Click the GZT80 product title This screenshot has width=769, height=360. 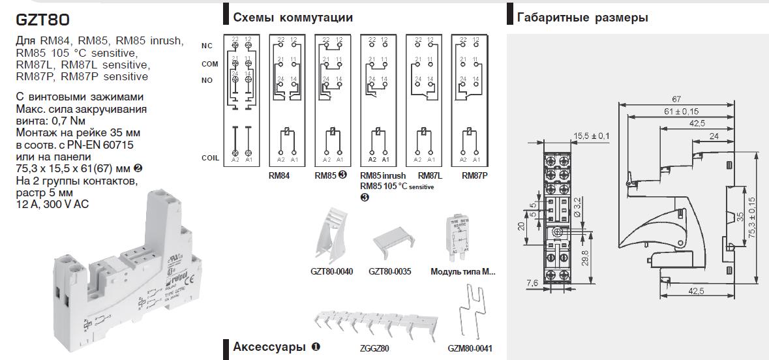coord(42,20)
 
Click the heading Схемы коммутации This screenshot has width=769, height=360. coord(293,17)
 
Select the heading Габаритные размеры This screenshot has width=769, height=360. coord(582,18)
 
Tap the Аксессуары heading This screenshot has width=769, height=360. coord(271,346)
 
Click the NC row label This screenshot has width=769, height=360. coord(207,46)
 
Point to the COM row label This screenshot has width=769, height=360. coord(209,63)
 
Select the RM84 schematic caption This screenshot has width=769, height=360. coord(279,175)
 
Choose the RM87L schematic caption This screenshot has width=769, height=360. coord(430,175)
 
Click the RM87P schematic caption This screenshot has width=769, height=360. coord(474,175)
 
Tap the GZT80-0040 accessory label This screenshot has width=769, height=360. coord(333,271)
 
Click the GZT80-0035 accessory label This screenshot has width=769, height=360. coord(389,271)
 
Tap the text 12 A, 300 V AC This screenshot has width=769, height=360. coord(52,204)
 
